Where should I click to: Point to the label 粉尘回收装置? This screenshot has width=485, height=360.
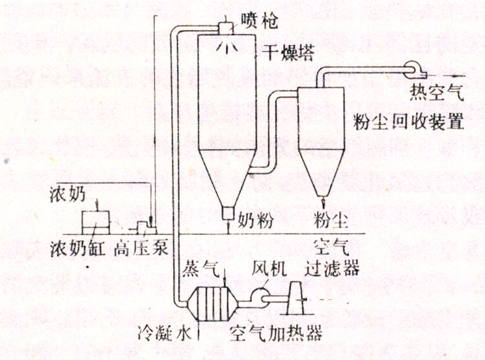[x=408, y=122]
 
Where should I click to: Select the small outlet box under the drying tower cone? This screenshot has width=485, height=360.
[x=227, y=214]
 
